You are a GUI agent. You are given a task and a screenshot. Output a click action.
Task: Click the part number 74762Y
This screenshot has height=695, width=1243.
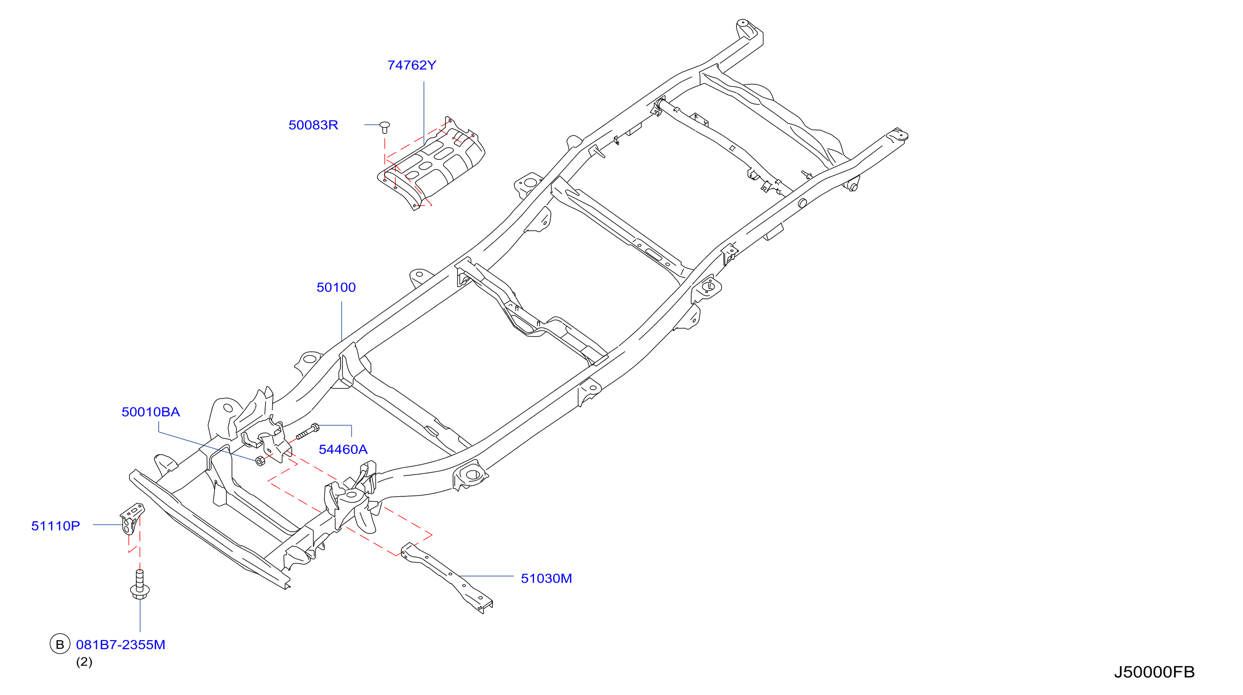[x=412, y=65]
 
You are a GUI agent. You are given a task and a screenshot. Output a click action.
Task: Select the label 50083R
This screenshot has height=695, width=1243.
[x=313, y=125]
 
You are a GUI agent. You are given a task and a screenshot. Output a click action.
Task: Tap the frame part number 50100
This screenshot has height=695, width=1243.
[x=336, y=287]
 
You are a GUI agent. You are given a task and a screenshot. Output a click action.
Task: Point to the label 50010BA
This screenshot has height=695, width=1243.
[x=150, y=412]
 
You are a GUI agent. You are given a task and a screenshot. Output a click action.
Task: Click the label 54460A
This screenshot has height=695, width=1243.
[x=343, y=449]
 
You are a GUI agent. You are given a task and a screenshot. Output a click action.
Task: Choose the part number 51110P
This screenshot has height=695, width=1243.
[x=55, y=525]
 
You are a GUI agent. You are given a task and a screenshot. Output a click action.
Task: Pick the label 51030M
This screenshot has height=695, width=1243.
[x=546, y=578]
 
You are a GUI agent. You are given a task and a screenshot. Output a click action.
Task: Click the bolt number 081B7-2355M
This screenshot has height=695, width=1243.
[x=121, y=645]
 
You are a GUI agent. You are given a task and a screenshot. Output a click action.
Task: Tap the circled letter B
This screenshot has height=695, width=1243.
[x=60, y=644]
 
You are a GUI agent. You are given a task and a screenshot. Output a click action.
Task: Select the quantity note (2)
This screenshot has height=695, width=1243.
[x=84, y=662]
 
